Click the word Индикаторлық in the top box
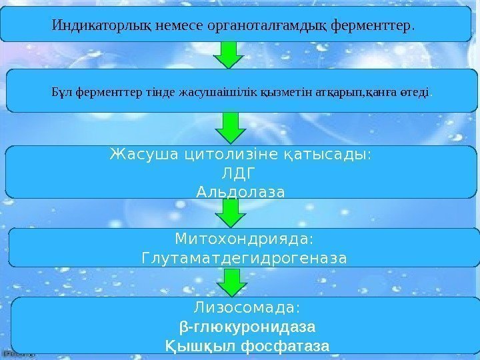[101, 27]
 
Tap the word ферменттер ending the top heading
[376, 27]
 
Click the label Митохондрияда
[244, 238]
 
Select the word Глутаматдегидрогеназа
[244, 257]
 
